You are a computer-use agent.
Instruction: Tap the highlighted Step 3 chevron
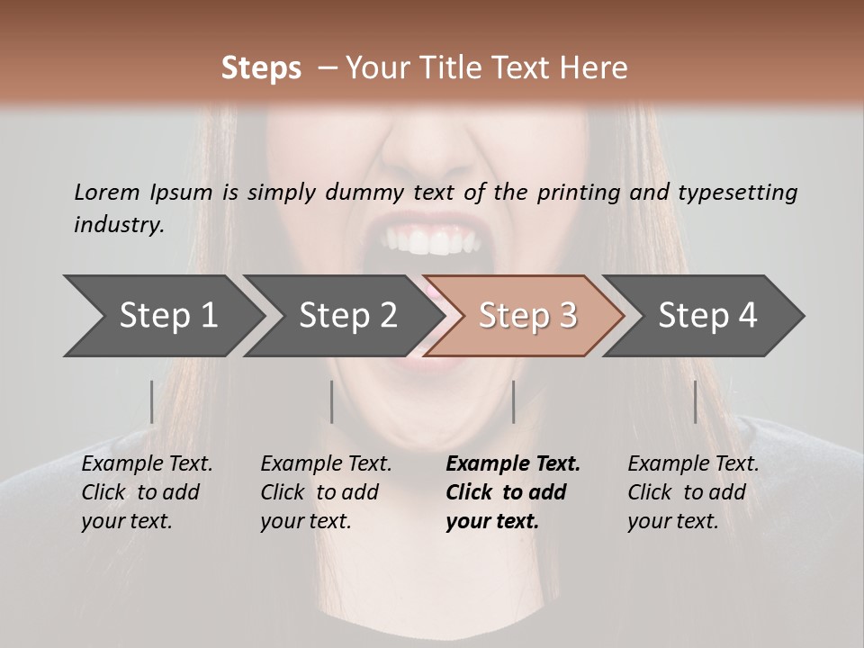(527, 316)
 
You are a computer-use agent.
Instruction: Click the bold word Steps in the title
(261, 68)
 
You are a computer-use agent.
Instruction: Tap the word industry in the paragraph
(117, 224)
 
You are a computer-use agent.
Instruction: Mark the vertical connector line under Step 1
(152, 401)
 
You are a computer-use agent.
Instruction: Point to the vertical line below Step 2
(332, 401)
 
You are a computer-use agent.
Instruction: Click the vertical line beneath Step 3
(513, 401)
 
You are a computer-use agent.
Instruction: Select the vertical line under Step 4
(695, 401)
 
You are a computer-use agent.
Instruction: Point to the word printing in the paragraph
(576, 192)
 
